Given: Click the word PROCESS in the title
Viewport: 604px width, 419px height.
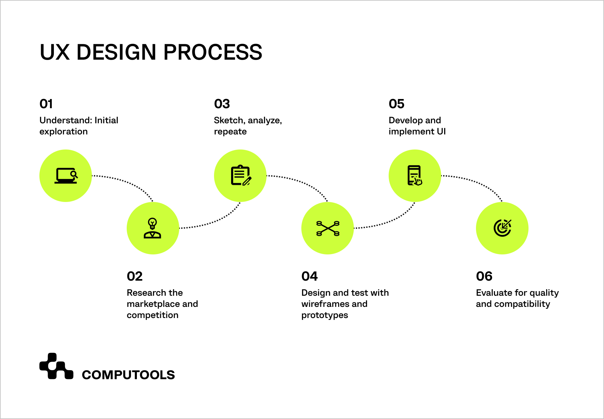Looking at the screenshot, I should point(213,52).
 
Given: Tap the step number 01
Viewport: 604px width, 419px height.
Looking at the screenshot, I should point(46,104).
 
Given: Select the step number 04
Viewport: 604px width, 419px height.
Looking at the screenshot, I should point(309,276).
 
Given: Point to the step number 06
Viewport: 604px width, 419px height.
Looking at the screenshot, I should point(484,276).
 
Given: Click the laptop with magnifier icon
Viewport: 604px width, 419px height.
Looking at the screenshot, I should point(66,176).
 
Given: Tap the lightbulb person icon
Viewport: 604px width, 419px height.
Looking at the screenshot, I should point(152,228).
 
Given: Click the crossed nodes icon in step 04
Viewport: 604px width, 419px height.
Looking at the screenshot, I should point(328,228).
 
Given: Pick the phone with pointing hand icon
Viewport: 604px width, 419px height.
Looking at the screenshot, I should point(415,176).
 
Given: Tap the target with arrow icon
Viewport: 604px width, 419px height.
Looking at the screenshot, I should point(502,228).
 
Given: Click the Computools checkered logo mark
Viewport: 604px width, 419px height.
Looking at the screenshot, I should point(56,366).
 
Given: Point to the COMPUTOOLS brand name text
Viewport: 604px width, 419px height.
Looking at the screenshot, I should point(128,375).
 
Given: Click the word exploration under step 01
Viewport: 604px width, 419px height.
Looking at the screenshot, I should point(63,131).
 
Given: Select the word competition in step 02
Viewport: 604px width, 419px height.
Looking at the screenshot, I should point(152,315).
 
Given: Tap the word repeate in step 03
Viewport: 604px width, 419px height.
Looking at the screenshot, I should point(230,131).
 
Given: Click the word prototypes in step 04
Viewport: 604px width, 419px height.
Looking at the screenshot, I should point(324,315).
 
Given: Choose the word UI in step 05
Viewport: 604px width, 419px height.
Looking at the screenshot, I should point(441,131).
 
